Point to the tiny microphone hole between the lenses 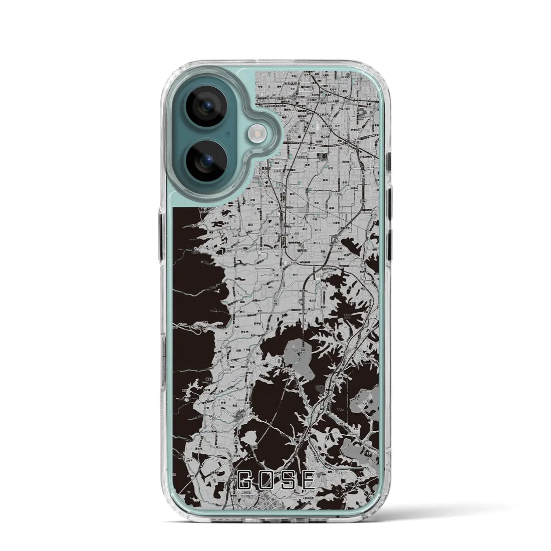(227, 134)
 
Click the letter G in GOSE (246, 482)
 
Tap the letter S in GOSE (289, 482)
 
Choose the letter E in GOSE (309, 482)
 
